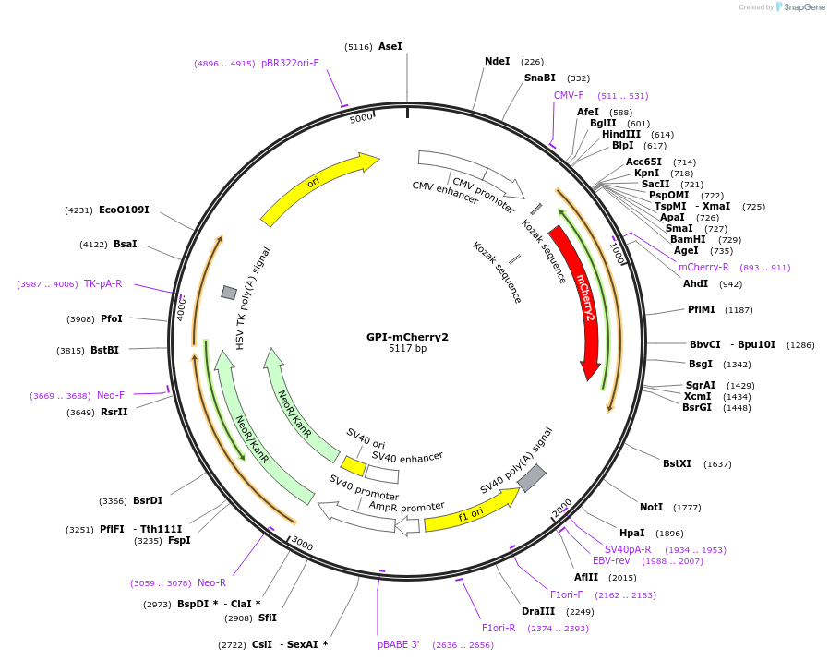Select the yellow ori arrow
tap(318, 188)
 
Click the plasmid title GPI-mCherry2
tap(407, 337)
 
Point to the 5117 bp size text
tap(407, 349)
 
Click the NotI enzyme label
tap(651, 507)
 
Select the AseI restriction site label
tap(390, 46)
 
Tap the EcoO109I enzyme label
tap(124, 210)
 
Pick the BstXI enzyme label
tap(677, 463)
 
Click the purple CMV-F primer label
tap(569, 95)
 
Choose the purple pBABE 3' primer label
tap(398, 644)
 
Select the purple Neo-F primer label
tap(111, 395)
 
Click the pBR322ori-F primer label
tap(290, 64)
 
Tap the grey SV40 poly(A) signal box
tap(531, 478)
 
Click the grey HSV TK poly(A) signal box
tap(229, 293)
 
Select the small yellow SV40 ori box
tap(354, 466)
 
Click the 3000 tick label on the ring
tap(303, 546)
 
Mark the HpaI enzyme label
tap(631, 533)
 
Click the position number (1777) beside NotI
tap(687, 508)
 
